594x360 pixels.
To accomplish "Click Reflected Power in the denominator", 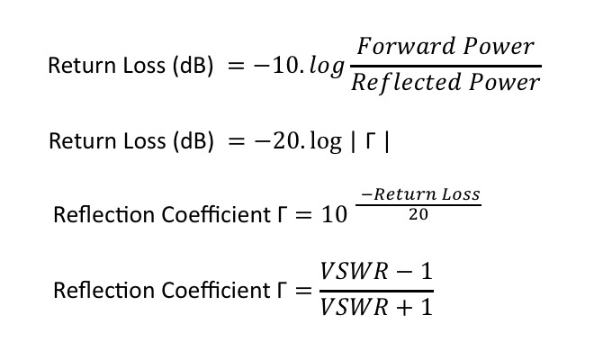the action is [x=445, y=83].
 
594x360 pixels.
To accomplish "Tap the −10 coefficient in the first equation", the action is [x=269, y=67].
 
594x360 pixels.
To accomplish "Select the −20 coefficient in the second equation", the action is [x=269, y=142].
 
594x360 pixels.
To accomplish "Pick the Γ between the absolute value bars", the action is [x=369, y=142].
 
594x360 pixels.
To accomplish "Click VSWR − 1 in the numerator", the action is [x=376, y=271].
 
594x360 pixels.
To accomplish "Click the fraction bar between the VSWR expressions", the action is [x=376, y=289].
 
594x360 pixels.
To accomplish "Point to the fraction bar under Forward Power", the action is [x=445, y=65].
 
